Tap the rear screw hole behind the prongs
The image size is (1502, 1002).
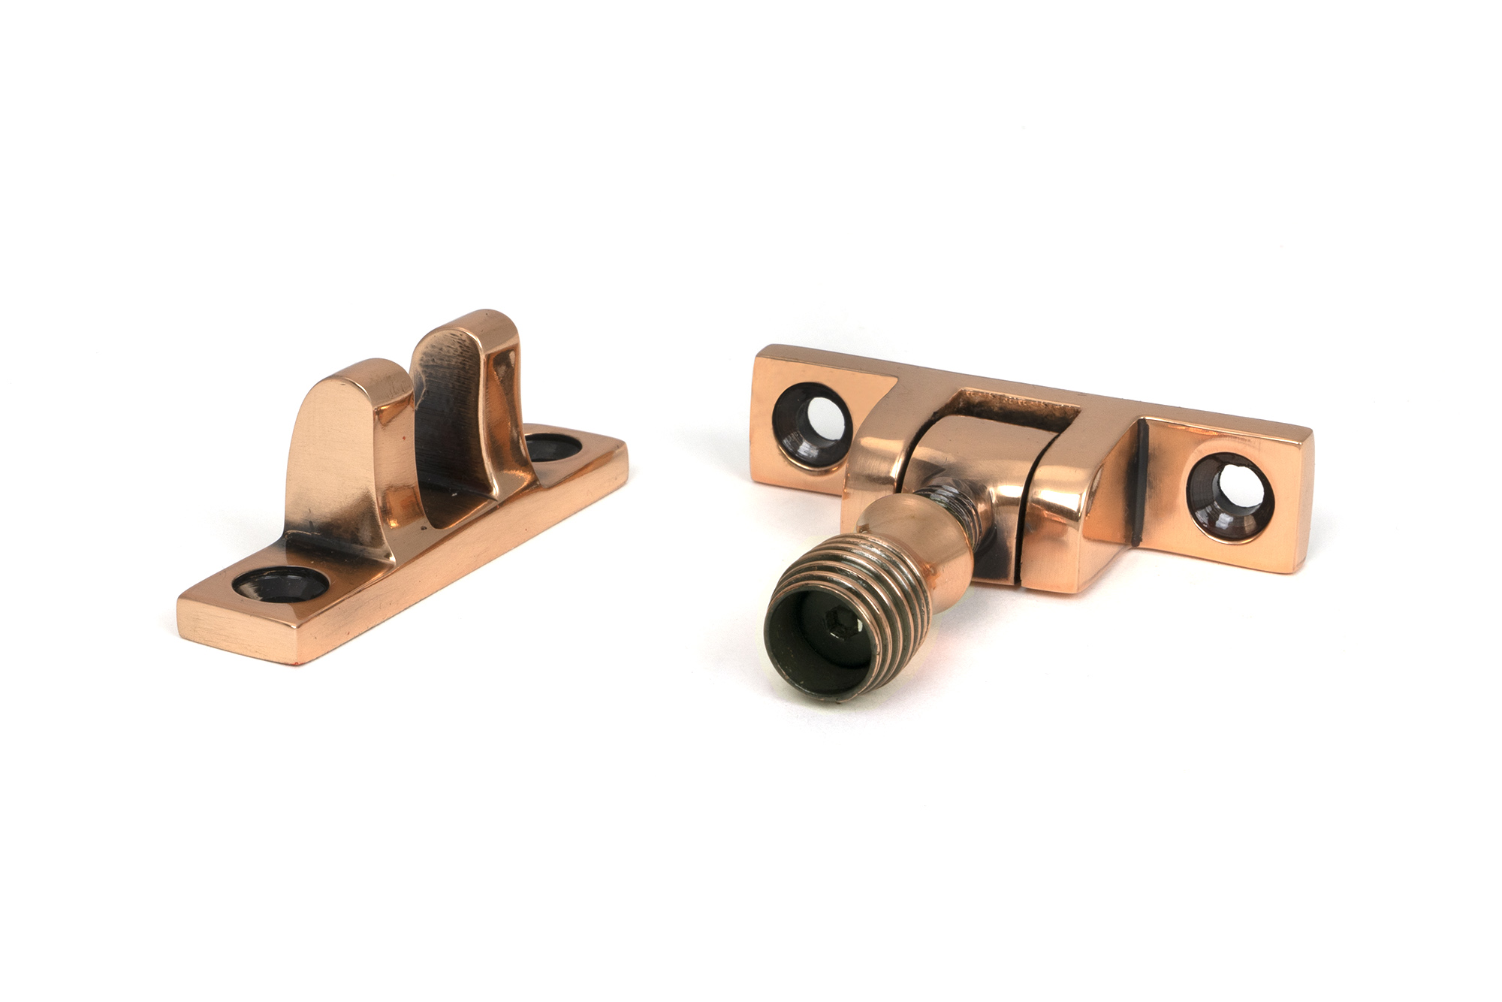[552, 448]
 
